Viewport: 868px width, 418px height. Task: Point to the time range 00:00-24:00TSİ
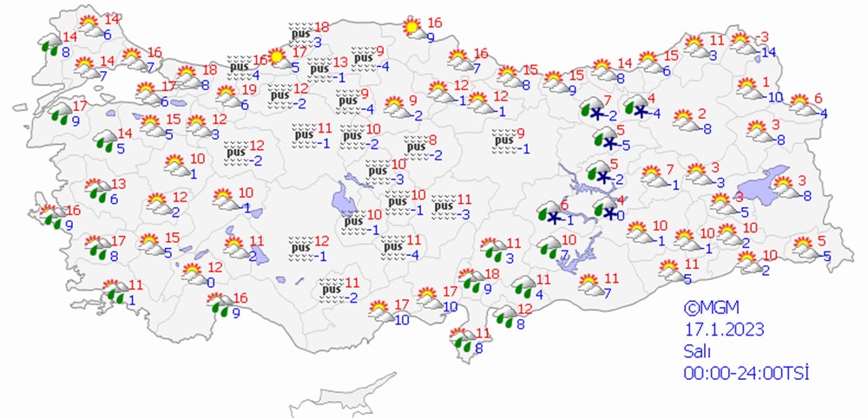click(746, 372)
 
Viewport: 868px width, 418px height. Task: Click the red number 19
click(248, 89)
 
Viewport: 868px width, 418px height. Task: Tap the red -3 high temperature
click(763, 36)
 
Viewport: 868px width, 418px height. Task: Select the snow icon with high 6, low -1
click(550, 212)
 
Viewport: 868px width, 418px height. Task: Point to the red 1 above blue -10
click(766, 82)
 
